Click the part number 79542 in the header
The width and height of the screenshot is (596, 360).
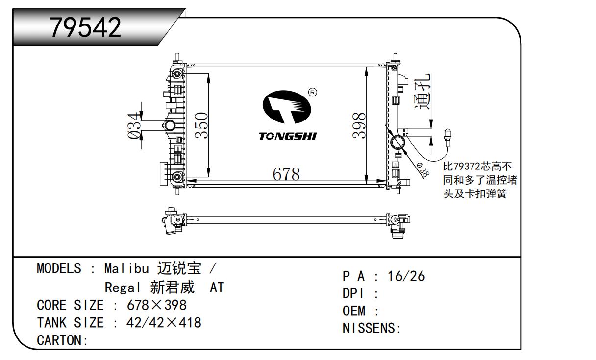tap(85, 28)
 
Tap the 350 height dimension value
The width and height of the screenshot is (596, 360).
tap(202, 126)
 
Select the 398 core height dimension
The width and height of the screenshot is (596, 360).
tap(360, 126)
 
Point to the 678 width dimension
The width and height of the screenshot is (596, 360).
tap(286, 174)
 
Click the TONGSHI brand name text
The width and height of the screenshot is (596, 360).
tap(288, 136)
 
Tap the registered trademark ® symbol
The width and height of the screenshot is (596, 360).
tap(312, 92)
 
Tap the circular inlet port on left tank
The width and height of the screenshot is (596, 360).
tap(170, 126)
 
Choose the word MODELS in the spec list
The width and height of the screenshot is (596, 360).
tap(59, 268)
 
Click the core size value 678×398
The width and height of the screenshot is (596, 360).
tap(156, 305)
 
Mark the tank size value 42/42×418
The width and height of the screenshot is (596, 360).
tap(164, 323)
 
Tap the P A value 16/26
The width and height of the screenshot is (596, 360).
tap(406, 276)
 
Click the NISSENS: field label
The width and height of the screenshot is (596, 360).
tap(372, 328)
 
